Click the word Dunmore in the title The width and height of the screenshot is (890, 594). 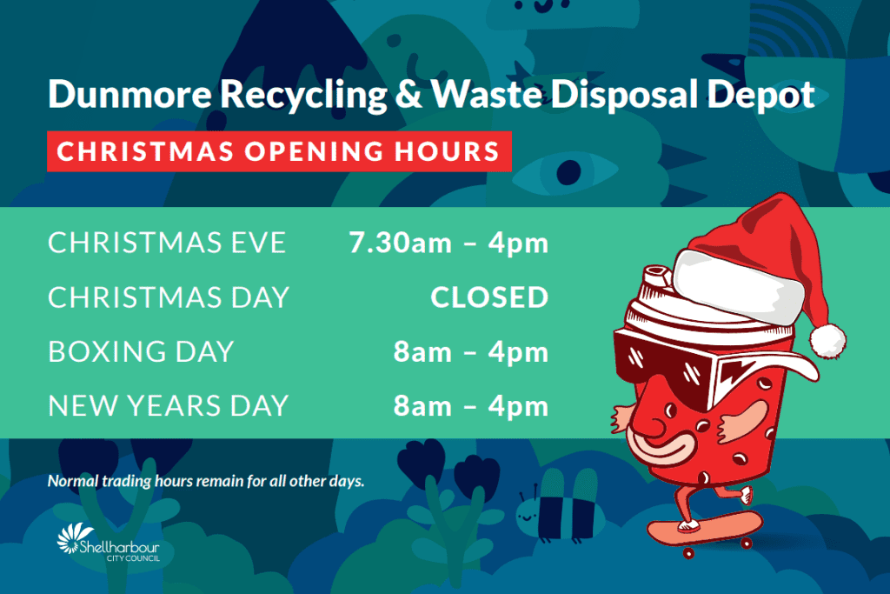click(130, 93)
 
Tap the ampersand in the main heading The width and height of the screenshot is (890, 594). click(408, 93)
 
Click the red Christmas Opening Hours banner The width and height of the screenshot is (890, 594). click(279, 151)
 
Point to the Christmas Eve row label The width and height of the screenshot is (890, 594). click(167, 243)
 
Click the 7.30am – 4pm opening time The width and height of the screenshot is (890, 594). click(449, 243)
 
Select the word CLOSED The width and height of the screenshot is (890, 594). click(489, 297)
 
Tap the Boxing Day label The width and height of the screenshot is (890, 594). click(141, 351)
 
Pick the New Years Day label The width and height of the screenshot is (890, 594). click(168, 405)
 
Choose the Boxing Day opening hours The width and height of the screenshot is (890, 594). click(471, 352)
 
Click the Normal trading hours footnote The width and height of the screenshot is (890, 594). click(205, 481)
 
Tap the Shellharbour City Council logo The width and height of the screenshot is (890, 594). click(109, 543)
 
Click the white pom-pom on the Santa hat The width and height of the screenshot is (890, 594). click(827, 341)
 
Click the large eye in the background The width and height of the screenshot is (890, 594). click(567, 171)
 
